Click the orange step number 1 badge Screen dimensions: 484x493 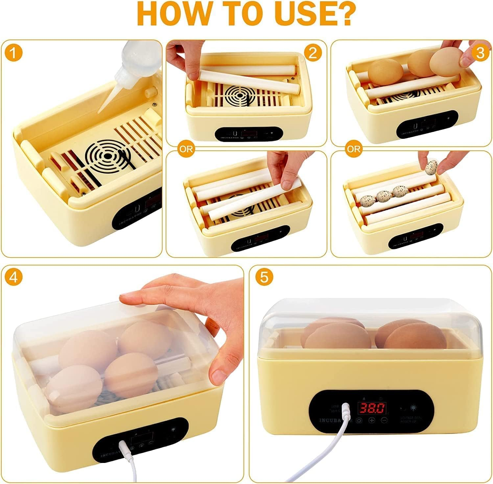pyautogui.click(x=13, y=53)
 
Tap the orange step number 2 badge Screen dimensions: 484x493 pyautogui.click(x=313, y=53)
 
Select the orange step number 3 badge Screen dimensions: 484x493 pyautogui.click(x=480, y=53)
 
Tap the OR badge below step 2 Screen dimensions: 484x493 pyautogui.click(x=186, y=149)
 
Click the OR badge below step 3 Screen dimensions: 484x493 pyautogui.click(x=354, y=149)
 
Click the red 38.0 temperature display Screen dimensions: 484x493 pyautogui.click(x=372, y=408)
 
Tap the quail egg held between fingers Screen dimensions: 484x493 pyautogui.click(x=431, y=167)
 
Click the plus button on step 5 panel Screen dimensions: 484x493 pyautogui.click(x=371, y=420)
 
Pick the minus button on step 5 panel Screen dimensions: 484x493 pyautogui.click(x=383, y=420)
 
